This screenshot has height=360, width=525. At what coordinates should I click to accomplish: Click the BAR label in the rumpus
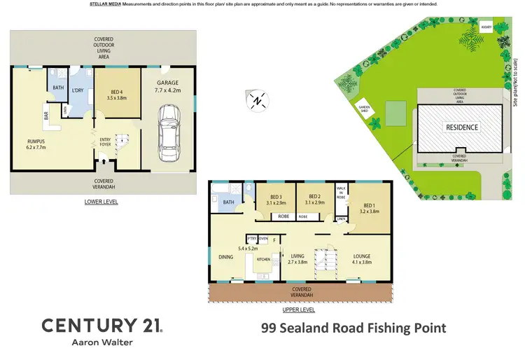click(x=46, y=117)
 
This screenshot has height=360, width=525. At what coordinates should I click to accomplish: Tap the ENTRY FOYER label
click(x=105, y=141)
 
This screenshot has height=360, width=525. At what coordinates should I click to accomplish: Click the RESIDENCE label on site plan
click(x=462, y=127)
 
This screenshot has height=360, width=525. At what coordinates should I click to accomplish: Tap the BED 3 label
click(x=275, y=198)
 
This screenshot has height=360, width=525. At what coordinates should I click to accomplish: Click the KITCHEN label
click(x=263, y=260)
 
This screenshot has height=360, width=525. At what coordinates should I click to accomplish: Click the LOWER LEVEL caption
click(x=100, y=202)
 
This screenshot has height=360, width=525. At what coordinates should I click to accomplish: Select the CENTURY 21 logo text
click(x=101, y=326)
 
